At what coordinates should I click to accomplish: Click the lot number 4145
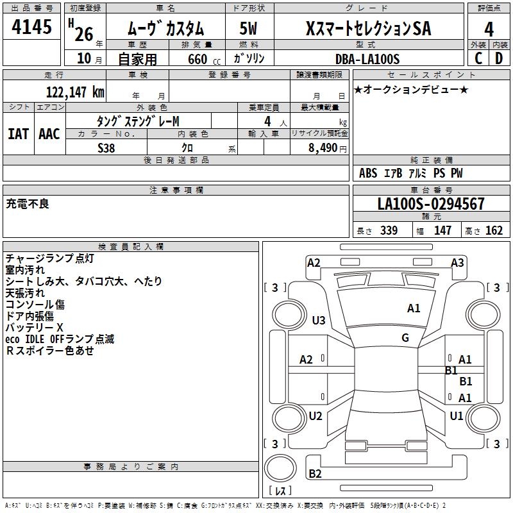31,26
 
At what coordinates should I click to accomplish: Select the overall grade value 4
489,29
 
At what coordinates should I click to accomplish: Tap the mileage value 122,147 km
75,92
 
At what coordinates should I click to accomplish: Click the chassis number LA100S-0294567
431,204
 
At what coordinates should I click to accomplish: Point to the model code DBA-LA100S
367,59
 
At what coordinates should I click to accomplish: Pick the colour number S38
106,148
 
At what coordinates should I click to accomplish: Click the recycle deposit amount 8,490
323,148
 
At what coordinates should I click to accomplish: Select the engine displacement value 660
198,59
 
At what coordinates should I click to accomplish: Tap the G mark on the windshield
405,338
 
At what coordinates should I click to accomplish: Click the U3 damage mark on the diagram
319,321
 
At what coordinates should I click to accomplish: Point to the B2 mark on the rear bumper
315,473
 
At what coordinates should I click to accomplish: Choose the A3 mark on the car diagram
457,263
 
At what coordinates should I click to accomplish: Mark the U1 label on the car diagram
457,416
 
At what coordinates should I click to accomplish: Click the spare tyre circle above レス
280,467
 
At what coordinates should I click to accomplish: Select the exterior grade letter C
478,58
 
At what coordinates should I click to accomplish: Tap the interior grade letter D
499,58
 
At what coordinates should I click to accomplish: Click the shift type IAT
19,134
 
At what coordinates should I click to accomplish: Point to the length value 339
389,230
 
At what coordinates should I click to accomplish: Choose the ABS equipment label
368,173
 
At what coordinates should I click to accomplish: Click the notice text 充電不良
28,204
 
